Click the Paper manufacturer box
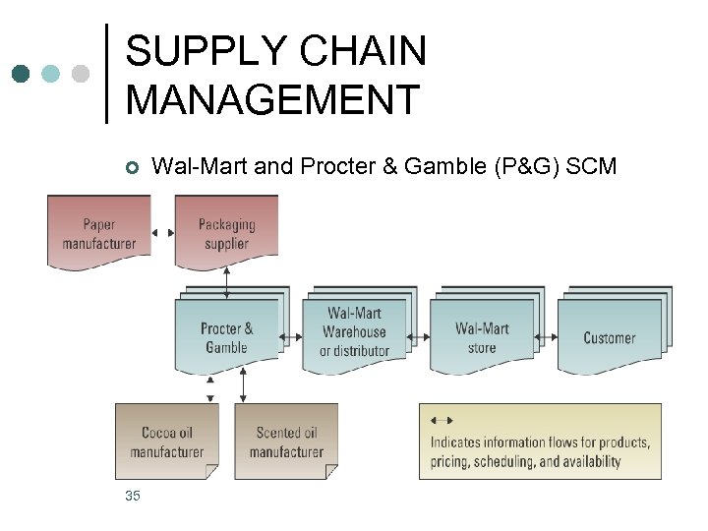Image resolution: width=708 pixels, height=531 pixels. tap(98, 232)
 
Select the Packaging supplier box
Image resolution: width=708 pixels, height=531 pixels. tap(226, 232)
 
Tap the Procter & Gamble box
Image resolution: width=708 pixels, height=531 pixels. tap(226, 337)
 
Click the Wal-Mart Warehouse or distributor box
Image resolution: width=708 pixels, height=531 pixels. tap(354, 332)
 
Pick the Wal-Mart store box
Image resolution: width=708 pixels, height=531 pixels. tap(482, 337)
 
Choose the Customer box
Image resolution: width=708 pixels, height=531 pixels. tap(610, 337)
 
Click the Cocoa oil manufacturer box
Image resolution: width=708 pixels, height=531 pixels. tap(166, 442)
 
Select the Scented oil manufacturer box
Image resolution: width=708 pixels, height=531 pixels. tap(285, 442)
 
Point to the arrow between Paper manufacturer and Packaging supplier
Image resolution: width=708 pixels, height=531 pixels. tap(163, 233)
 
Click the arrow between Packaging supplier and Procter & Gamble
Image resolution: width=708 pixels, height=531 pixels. tap(228, 281)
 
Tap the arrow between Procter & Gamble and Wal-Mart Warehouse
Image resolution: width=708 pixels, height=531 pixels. tap(292, 337)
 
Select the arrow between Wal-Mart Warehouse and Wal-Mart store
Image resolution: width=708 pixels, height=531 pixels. tap(420, 337)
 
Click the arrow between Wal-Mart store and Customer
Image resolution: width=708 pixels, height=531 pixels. tap(548, 337)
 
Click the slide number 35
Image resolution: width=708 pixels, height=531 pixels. tap(133, 496)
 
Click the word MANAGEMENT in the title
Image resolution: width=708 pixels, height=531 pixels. tap(273, 99)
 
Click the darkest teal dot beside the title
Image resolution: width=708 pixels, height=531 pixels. tap(22, 74)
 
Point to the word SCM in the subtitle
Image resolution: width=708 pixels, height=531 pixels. tap(592, 167)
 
